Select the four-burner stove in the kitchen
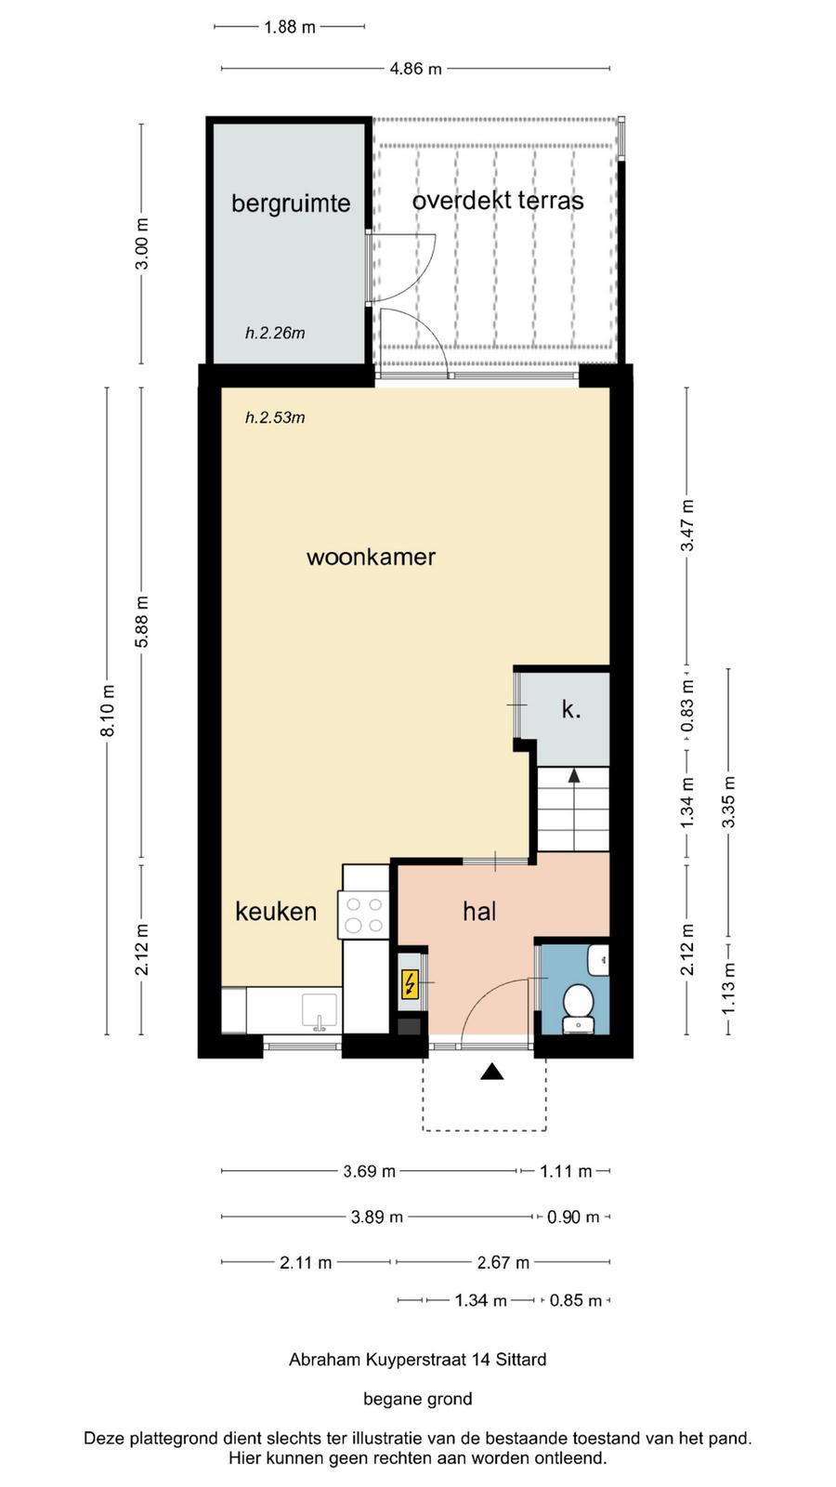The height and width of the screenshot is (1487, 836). (364, 915)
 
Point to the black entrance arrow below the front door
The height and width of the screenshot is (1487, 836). (491, 1071)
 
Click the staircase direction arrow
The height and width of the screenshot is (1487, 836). (574, 775)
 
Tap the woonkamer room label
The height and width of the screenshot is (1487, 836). (371, 557)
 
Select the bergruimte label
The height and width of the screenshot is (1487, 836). (291, 204)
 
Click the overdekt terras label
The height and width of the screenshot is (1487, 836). (498, 201)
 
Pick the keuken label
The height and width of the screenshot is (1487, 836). (276, 912)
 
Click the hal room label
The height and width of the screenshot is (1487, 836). (479, 912)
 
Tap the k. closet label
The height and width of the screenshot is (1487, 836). (571, 709)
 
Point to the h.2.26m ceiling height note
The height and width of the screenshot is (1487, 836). (275, 334)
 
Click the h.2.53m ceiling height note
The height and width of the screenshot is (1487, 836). (275, 417)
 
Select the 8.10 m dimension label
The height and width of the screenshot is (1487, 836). (108, 710)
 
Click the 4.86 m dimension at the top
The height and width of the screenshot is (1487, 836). (415, 69)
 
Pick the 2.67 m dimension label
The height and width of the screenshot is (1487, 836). (503, 1262)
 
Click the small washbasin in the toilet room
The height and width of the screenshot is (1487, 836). (598, 959)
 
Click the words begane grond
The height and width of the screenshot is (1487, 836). (418, 1399)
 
